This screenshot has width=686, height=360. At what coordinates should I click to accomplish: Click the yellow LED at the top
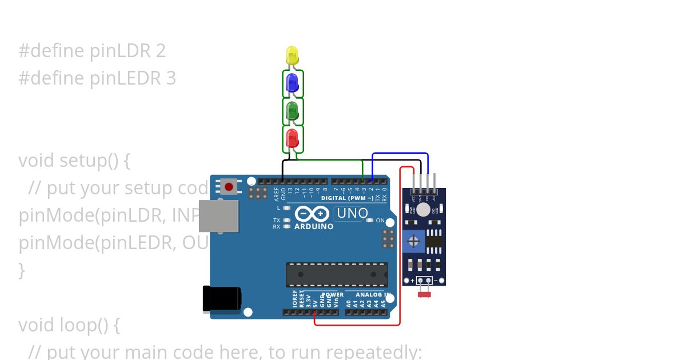tap(292, 55)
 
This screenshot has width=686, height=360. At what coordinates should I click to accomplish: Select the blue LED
tap(292, 83)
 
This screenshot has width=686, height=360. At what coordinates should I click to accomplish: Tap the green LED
tap(293, 111)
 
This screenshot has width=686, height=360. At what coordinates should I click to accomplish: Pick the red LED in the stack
tap(292, 138)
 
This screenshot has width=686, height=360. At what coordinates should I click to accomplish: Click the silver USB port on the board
tap(219, 216)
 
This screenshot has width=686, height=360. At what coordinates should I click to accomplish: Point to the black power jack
tap(222, 299)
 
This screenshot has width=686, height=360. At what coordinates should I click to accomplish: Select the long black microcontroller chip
tap(337, 274)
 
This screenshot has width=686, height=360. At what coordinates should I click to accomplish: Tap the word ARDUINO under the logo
tap(314, 227)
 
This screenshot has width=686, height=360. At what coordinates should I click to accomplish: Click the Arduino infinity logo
tap(312, 214)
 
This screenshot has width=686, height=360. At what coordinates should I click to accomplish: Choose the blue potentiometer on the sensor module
tap(413, 241)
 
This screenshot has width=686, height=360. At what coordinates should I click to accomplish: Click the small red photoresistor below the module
tap(424, 294)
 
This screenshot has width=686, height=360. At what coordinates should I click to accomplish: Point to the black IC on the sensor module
tap(434, 241)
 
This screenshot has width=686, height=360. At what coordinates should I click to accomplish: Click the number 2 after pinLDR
tap(161, 51)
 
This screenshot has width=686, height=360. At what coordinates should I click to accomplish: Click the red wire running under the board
tap(357, 325)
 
